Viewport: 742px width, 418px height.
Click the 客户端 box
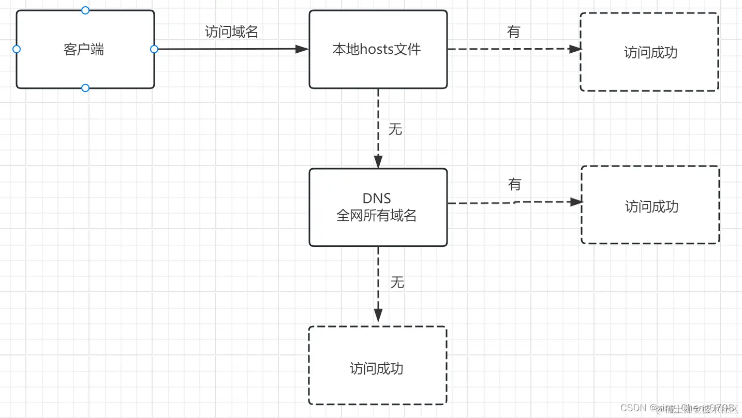(x=85, y=50)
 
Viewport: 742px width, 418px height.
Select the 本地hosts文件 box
(x=378, y=50)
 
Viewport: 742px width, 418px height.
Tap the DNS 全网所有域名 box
(x=378, y=207)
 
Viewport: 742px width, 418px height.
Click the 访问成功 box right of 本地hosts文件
(x=649, y=52)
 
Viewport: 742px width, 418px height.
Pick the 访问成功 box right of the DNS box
(x=650, y=205)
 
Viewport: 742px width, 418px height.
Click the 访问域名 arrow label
(x=231, y=32)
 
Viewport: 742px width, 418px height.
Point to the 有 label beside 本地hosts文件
(x=513, y=32)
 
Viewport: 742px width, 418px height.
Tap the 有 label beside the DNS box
(x=514, y=185)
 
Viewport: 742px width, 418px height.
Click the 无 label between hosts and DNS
(x=395, y=129)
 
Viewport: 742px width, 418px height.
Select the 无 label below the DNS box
(x=397, y=282)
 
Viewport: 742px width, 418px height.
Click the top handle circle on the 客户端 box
(x=85, y=10)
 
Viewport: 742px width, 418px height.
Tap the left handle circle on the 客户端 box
(x=16, y=49)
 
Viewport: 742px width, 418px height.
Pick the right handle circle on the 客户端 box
(x=154, y=49)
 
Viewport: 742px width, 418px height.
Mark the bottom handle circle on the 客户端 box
(x=85, y=88)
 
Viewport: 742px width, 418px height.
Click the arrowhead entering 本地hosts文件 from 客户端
(x=302, y=49)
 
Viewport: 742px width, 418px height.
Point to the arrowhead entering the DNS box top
(x=378, y=161)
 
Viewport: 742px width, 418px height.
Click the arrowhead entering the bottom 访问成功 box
(x=378, y=315)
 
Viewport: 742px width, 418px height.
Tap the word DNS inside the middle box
(x=377, y=198)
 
